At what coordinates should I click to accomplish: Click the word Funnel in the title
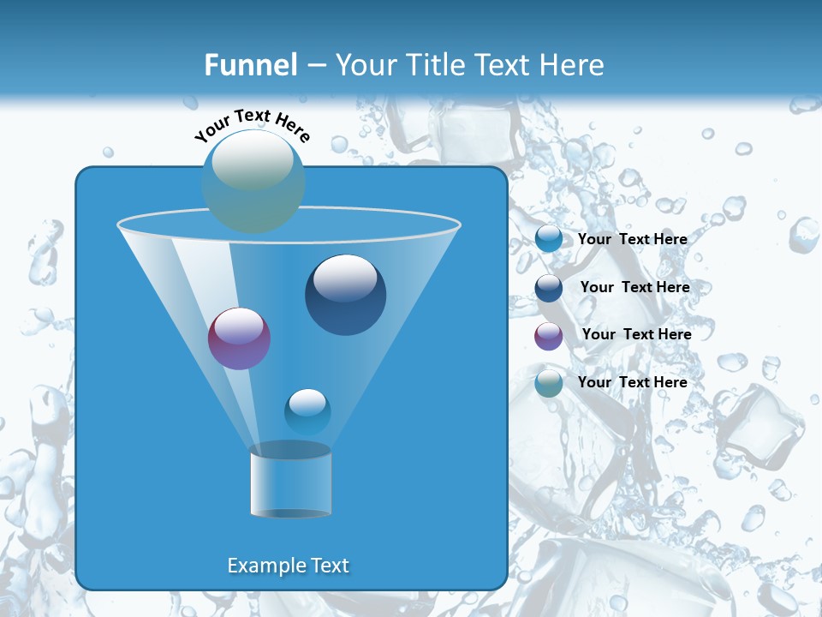250,65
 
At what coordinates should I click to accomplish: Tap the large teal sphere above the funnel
253,182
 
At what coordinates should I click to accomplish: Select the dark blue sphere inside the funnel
345,296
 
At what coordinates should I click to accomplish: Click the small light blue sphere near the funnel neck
307,412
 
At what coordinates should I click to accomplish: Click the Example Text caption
288,566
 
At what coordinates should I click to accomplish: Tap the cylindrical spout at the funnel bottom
291,482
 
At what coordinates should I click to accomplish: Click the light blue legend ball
549,239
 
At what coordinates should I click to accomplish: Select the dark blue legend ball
549,288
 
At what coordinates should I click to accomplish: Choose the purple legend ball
549,336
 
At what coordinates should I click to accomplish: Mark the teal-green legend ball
549,384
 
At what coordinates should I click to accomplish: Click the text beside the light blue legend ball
632,239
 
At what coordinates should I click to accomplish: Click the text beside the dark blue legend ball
634,287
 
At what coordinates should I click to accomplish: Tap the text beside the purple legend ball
636,334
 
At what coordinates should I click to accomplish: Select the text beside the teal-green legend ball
632,382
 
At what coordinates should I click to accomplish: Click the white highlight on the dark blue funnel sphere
345,278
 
